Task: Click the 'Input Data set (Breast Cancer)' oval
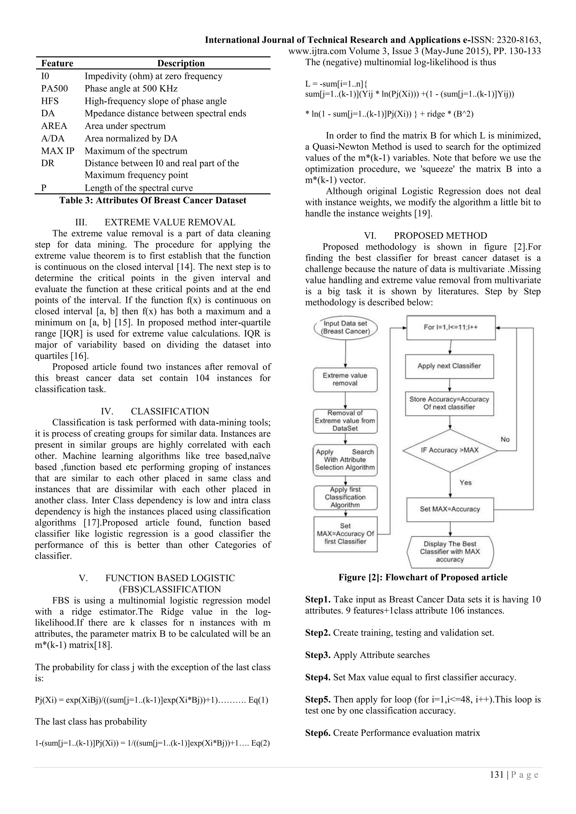345,327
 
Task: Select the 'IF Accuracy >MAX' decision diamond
450,450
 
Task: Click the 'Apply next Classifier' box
449,366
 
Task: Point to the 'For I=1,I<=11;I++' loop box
451,327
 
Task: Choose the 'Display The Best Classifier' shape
450,552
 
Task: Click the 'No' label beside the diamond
505,439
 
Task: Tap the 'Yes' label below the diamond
465,483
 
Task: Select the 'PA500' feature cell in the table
54,89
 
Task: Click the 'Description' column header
181,64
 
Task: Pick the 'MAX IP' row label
57,151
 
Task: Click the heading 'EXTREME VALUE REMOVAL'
170,222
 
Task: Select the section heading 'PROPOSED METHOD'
440,236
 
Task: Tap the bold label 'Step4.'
318,677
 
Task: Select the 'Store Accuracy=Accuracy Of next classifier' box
449,403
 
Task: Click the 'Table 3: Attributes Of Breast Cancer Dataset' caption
152,200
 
